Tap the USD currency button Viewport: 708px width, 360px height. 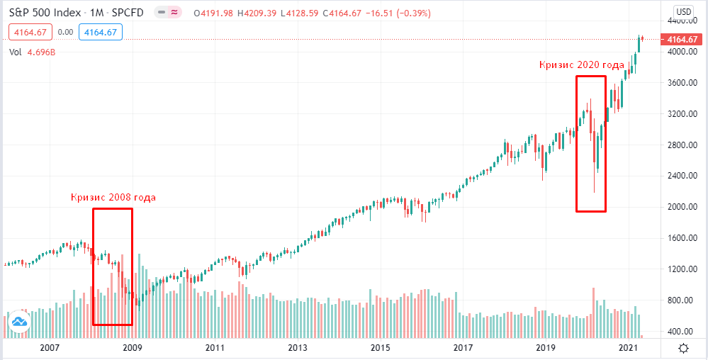pos(683,11)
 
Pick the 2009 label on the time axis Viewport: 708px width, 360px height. pos(133,348)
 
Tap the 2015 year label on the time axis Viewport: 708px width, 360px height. pos(381,348)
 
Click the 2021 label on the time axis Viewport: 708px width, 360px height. pos(629,348)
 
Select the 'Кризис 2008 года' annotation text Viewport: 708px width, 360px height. pos(113,198)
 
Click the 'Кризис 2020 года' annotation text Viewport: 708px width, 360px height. pos(581,65)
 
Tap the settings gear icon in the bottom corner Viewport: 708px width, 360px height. pos(683,348)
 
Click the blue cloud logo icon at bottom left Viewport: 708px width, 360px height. pos(19,321)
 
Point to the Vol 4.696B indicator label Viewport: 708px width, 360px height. pos(32,52)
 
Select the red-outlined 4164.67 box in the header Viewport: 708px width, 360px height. pos(29,32)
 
